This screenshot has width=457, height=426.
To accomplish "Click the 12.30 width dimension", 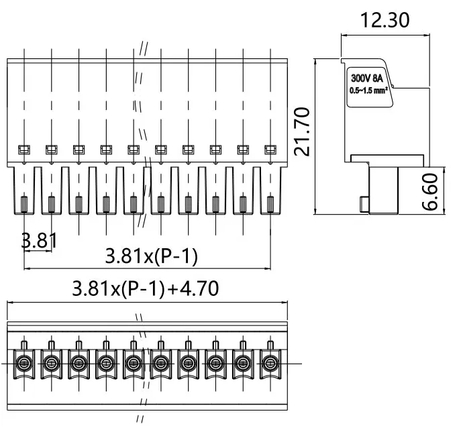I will tap(385, 20).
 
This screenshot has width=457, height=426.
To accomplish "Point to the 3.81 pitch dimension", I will tap(38, 240).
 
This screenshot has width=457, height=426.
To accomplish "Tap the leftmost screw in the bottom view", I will tap(23, 364).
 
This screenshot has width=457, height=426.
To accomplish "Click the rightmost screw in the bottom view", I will tap(270, 364).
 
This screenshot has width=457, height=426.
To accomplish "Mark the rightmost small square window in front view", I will tap(270, 150).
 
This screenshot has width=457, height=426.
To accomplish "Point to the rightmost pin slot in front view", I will tap(270, 203).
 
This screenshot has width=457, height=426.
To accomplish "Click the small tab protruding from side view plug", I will tap(363, 203).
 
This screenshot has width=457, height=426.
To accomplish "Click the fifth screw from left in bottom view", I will tap(133, 364).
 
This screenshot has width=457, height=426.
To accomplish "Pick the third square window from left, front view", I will tap(79, 150).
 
